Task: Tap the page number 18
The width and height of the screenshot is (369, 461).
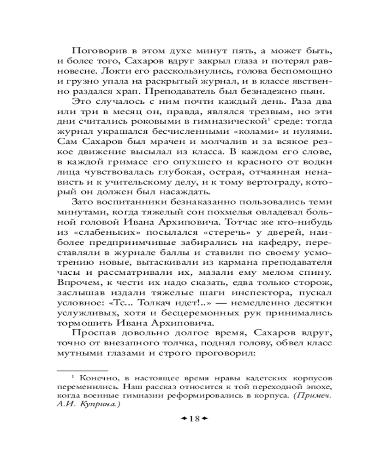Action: click(194, 419)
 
